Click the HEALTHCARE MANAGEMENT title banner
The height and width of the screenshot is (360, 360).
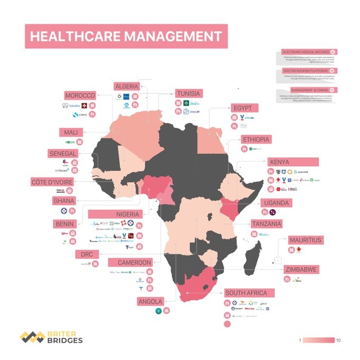click(x=126, y=36)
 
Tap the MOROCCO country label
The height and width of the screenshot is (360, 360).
click(x=80, y=96)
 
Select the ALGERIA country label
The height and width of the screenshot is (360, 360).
click(x=127, y=86)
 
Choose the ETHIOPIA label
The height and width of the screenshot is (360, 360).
click(x=257, y=140)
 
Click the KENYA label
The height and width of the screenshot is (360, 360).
click(x=279, y=162)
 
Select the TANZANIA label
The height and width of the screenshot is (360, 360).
click(x=266, y=224)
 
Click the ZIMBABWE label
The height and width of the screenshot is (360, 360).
click(x=300, y=269)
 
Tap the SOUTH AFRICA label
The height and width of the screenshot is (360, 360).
click(x=249, y=293)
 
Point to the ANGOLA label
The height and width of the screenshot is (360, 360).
click(x=150, y=302)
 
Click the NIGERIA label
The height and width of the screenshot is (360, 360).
click(x=127, y=214)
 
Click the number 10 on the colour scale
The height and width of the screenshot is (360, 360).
click(x=339, y=340)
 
